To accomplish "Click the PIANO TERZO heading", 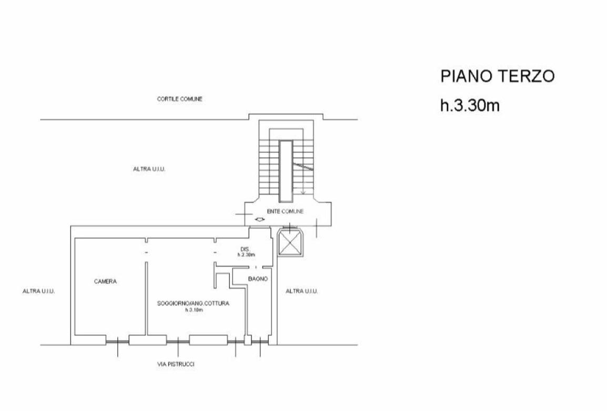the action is click(x=498, y=76).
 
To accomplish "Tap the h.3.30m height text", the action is click(x=470, y=105).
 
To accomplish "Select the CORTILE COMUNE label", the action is click(x=179, y=99).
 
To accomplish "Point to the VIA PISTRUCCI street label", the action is click(x=176, y=364).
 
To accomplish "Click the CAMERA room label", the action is click(x=105, y=282).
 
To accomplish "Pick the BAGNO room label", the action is click(x=258, y=279).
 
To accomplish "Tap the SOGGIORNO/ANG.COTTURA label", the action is click(x=193, y=303).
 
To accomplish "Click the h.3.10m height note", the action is click(x=193, y=310).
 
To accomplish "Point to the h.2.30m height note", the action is click(x=246, y=255).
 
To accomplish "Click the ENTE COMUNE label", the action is click(x=285, y=211).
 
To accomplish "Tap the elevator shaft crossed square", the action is click(x=290, y=242).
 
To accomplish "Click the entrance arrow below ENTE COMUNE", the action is click(x=259, y=220).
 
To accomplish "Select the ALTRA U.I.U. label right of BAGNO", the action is click(x=301, y=291).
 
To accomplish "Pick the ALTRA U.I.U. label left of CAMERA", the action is click(x=39, y=291).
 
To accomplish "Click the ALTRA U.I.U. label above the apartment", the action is click(x=149, y=169).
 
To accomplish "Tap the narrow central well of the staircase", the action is click(x=286, y=171).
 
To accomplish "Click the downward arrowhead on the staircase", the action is click(x=303, y=192).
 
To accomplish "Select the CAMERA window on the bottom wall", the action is click(x=117, y=341).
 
